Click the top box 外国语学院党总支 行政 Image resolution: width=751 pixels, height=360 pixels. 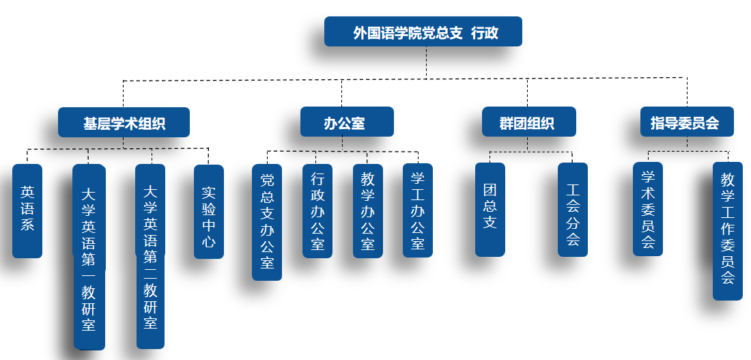click(423, 32)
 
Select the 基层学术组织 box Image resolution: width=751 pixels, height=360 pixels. click(124, 123)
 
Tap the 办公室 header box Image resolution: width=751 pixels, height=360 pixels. click(347, 122)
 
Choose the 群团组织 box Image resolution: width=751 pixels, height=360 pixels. click(528, 123)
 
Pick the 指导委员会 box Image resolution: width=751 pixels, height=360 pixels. click(686, 122)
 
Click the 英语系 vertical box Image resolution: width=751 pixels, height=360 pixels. click(27, 210)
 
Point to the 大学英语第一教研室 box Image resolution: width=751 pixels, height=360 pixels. click(89, 256)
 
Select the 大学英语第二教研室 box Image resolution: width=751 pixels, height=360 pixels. click(150, 255)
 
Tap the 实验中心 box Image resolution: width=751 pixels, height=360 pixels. click(209, 212)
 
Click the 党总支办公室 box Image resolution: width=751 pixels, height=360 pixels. click(267, 222)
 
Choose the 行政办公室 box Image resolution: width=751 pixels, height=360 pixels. click(317, 210)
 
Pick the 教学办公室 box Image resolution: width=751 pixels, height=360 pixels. click(368, 210)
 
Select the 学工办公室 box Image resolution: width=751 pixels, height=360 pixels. click(418, 210)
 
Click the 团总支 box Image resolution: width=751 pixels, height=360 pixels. click(490, 209)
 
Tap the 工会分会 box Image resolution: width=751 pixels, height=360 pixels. click(573, 209)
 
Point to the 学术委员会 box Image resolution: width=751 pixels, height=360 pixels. click(648, 208)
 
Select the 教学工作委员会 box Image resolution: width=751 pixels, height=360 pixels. click(728, 230)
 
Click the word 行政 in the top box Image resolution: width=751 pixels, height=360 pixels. click(485, 33)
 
